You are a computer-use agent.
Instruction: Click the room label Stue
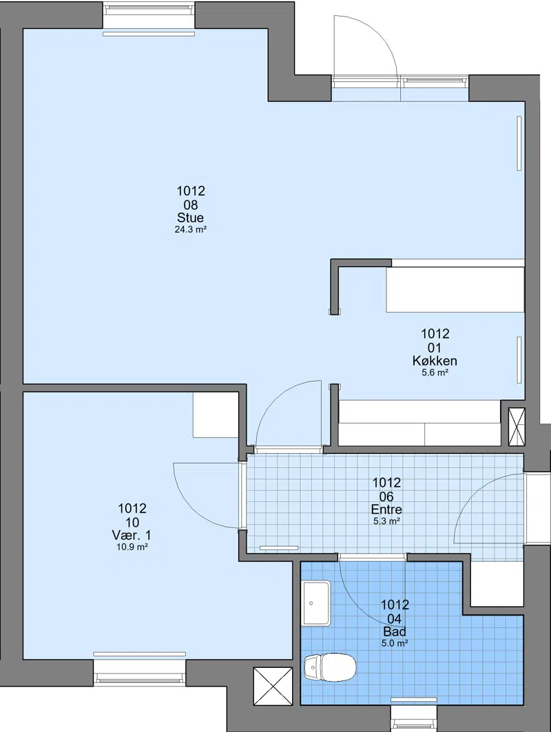(191, 218)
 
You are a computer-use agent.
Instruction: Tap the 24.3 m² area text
(191, 230)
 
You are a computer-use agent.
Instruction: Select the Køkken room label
(435, 361)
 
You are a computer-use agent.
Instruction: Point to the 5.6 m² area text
(435, 373)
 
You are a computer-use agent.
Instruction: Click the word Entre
(386, 510)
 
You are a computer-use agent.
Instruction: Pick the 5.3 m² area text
(386, 521)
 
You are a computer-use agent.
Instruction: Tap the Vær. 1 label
(132, 536)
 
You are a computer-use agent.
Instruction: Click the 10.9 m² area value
(132, 547)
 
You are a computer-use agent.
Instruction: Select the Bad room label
(395, 632)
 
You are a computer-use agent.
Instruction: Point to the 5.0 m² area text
(395, 643)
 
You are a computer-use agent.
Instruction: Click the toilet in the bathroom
(330, 667)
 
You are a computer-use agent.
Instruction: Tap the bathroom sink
(316, 603)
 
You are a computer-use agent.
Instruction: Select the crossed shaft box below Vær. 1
(273, 685)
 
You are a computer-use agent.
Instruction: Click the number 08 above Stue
(191, 205)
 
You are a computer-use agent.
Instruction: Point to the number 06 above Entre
(386, 496)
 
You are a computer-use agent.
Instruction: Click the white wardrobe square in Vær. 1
(216, 415)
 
